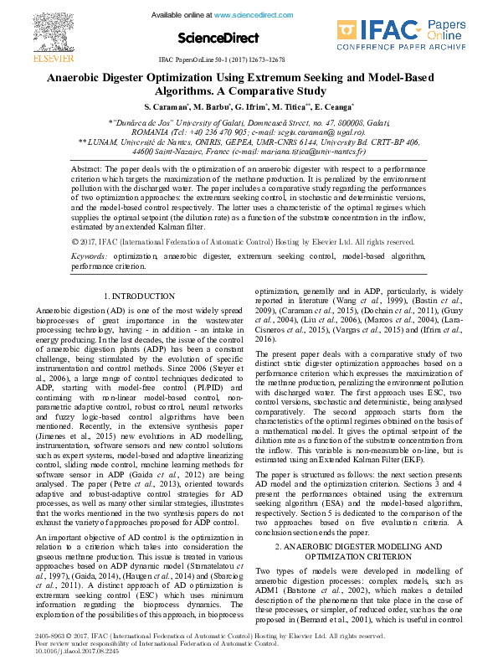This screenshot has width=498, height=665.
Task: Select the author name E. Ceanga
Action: tap(337, 107)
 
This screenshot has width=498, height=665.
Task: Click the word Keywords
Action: tap(89, 254)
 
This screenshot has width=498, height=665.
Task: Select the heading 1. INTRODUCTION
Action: tap(139, 296)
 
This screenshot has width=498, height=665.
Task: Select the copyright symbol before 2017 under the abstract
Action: tap(76, 241)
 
